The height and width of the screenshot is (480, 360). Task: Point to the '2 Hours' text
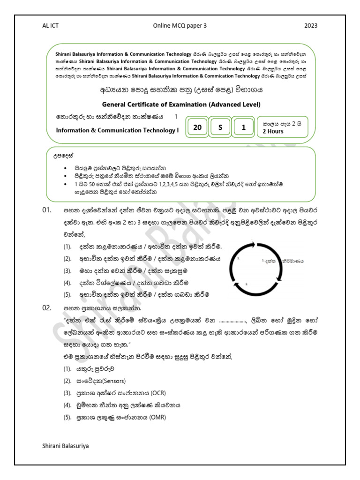(x=273, y=131)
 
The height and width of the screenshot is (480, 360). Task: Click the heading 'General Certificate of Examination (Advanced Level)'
(x=181, y=104)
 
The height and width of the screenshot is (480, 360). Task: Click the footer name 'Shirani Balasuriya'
(x=65, y=446)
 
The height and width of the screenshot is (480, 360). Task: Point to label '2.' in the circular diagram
(x=247, y=284)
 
